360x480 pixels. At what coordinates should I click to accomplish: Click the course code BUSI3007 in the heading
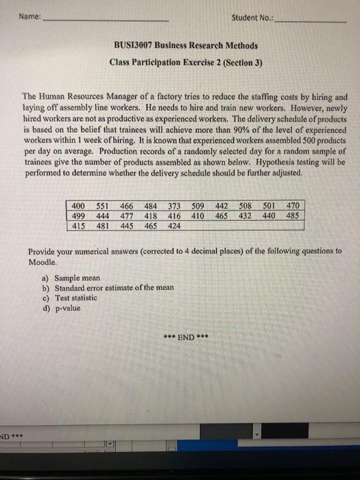tap(137, 46)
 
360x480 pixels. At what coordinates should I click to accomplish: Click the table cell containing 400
tap(80, 204)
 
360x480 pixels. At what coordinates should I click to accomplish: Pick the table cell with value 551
tap(104, 204)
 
